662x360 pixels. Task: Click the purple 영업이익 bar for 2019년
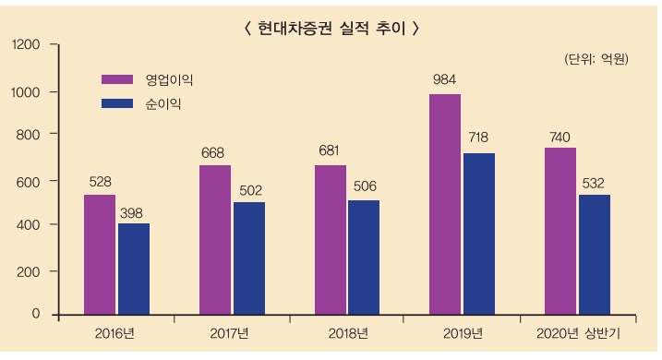pos(445,204)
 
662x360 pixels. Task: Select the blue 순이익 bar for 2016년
pos(133,269)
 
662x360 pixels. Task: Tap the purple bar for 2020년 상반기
pos(560,231)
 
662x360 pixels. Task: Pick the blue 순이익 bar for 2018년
pos(364,257)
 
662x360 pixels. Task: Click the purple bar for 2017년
pos(215,240)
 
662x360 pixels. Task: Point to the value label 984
pos(445,80)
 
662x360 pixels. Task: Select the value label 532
pos(594,183)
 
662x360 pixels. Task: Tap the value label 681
pos(331,151)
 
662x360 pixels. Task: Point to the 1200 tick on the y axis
pos(28,43)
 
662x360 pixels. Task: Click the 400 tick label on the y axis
pos(30,224)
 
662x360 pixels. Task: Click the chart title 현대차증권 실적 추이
pos(331,28)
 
